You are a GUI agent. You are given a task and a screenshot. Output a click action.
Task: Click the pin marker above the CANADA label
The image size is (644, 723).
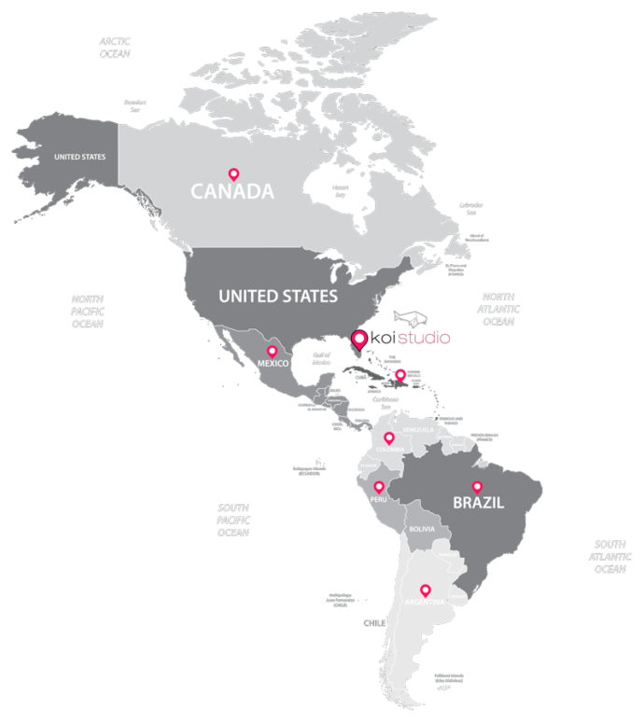coord(233,174)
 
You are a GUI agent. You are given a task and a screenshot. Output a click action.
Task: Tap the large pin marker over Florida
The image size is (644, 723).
coord(358,341)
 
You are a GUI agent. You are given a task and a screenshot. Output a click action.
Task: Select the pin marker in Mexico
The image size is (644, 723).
coord(272,351)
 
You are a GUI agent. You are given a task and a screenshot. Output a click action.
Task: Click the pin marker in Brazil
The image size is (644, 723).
coord(477,486)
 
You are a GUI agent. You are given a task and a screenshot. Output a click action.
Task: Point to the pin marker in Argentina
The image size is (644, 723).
coord(426,590)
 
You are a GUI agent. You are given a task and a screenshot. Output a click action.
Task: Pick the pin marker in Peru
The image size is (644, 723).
coord(378,486)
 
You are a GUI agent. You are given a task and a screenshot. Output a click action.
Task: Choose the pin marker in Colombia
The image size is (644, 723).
coord(389,437)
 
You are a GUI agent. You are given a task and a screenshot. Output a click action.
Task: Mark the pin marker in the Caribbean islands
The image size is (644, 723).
coord(400,375)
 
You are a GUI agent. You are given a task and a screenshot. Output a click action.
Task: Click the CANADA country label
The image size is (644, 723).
coord(232,192)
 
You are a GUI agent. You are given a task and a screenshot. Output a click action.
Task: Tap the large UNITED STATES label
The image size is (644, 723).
coord(277,297)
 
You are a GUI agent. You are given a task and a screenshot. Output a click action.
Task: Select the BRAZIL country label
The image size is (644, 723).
coord(478,503)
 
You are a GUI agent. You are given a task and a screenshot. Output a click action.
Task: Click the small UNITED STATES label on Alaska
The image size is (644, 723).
coord(79,157)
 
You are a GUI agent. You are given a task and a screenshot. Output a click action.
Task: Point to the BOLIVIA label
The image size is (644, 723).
coord(422,529)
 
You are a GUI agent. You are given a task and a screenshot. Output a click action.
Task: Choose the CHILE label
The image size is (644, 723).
coord(374,622)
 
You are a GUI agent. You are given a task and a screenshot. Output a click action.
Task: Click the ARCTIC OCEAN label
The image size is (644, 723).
coord(115,48)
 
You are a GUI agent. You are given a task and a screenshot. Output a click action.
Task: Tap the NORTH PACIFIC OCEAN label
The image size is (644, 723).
coord(87,312)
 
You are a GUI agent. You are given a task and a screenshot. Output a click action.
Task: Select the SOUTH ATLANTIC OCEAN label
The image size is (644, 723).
coord(610,556)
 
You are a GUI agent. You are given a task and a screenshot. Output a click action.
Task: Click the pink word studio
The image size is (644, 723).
coord(424,337)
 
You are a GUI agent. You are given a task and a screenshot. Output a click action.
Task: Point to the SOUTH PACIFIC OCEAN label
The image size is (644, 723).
coord(233,520)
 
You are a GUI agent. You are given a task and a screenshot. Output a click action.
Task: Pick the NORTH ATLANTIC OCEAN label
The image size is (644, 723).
coord(498,309)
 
